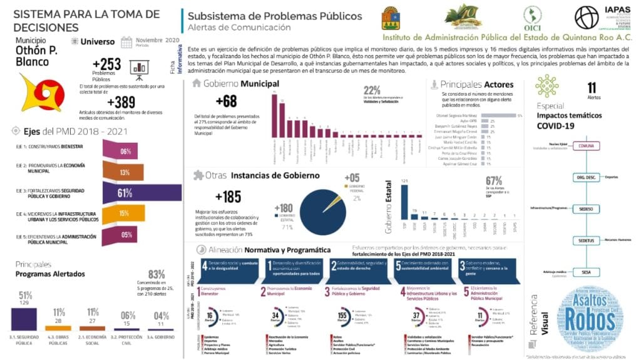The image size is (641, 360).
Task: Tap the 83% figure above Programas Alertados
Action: [x=156, y=274]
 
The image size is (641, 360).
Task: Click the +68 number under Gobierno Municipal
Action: [x=226, y=101]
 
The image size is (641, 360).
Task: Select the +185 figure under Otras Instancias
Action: [x=228, y=197]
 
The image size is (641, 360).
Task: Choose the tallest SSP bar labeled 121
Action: [x=404, y=203]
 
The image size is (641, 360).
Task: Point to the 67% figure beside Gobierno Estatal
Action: [x=495, y=181]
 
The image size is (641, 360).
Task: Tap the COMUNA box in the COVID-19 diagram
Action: [x=586, y=146]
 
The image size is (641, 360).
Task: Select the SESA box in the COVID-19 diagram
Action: [x=586, y=272]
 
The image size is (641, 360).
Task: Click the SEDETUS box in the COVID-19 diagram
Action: [x=586, y=240]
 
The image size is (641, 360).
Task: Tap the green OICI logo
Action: [x=532, y=17]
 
